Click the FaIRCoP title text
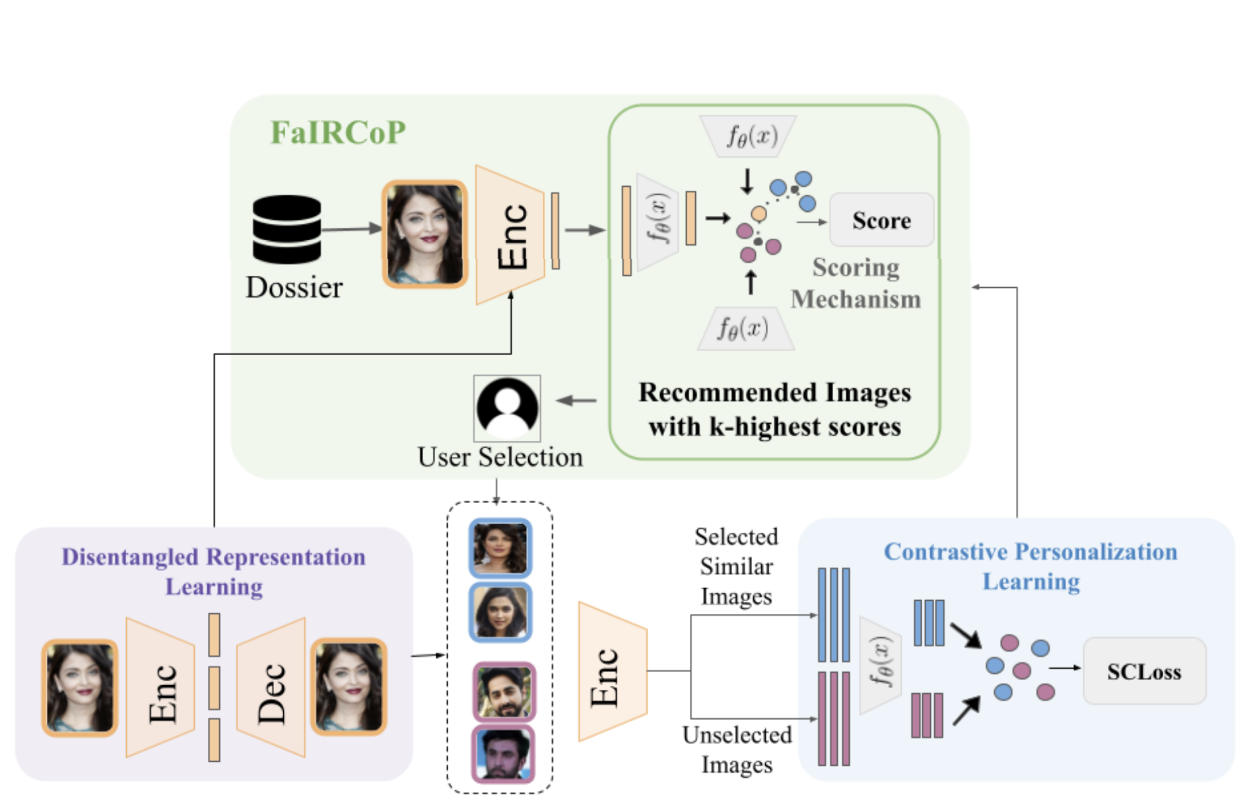338,133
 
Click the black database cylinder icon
287,228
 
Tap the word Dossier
294,288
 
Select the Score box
881,220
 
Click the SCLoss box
1144,671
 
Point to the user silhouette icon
507,408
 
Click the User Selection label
500,457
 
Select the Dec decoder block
271,688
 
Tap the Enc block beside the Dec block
160,688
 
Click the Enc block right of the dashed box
612,672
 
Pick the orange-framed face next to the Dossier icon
425,234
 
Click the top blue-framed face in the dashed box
500,548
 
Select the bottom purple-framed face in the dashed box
504,754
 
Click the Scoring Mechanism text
856,283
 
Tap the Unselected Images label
737,750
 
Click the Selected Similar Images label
736,566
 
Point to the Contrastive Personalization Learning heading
1031,566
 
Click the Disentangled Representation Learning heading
213,572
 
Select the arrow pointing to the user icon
577,400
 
